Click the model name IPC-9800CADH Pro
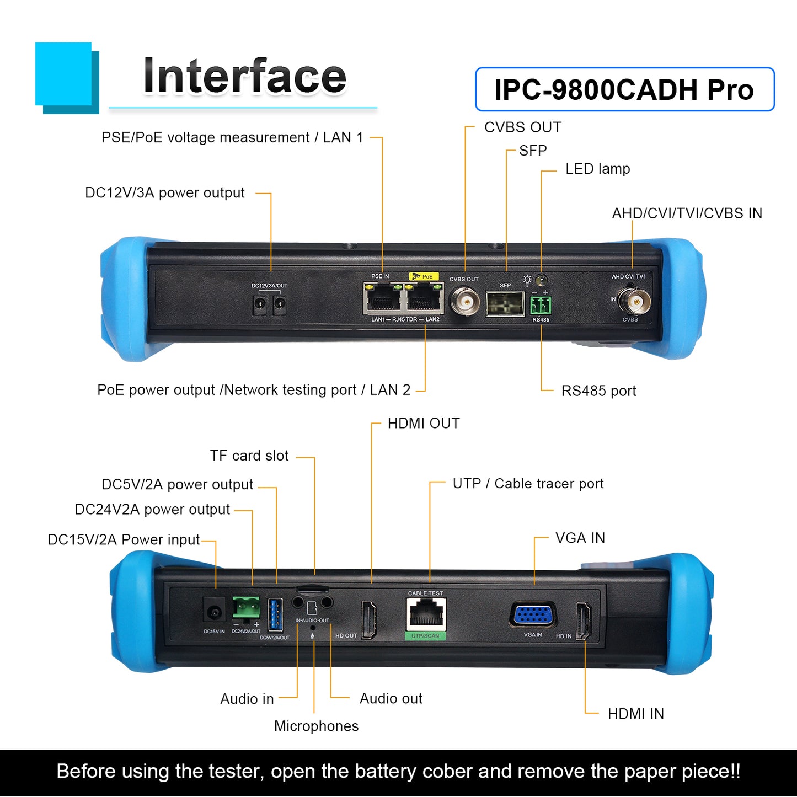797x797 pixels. [x=624, y=89]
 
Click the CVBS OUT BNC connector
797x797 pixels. [x=464, y=301]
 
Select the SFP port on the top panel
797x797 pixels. [x=505, y=303]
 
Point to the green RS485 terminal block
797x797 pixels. [x=541, y=304]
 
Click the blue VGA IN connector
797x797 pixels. [x=533, y=615]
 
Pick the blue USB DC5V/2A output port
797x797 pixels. [x=275, y=614]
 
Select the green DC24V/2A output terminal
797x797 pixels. [x=245, y=607]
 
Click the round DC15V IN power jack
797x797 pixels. [x=214, y=612]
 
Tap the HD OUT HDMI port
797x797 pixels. [x=368, y=619]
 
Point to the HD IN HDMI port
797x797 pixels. [x=583, y=621]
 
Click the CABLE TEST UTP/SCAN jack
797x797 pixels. [x=425, y=614]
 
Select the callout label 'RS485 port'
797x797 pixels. [x=598, y=391]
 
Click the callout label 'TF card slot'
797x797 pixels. [x=249, y=456]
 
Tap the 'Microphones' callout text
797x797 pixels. [x=316, y=726]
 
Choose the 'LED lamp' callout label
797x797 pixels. [x=597, y=169]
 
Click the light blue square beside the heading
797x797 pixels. [x=63, y=73]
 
